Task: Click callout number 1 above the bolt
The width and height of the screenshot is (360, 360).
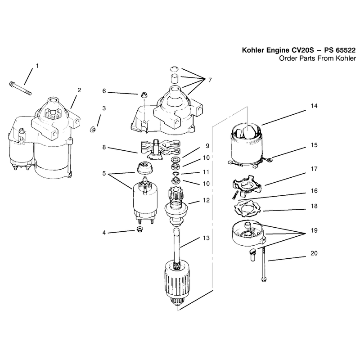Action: click(x=37, y=66)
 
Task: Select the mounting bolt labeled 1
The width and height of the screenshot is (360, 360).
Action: click(x=20, y=88)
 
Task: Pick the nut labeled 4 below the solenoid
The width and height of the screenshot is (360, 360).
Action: click(x=139, y=229)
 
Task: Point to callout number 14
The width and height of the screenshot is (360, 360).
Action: click(x=314, y=106)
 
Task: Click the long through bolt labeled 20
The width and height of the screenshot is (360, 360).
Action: click(x=264, y=263)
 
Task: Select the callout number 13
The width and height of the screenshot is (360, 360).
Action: click(x=206, y=238)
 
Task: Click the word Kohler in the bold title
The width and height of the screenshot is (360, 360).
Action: click(x=253, y=50)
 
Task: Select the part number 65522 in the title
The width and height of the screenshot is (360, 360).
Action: click(x=346, y=50)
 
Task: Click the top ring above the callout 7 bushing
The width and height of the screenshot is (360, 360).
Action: click(x=175, y=69)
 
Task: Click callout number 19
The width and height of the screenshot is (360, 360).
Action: click(x=314, y=230)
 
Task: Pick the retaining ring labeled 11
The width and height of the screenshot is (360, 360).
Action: click(x=176, y=174)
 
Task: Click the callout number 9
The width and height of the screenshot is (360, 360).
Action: click(x=207, y=145)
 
